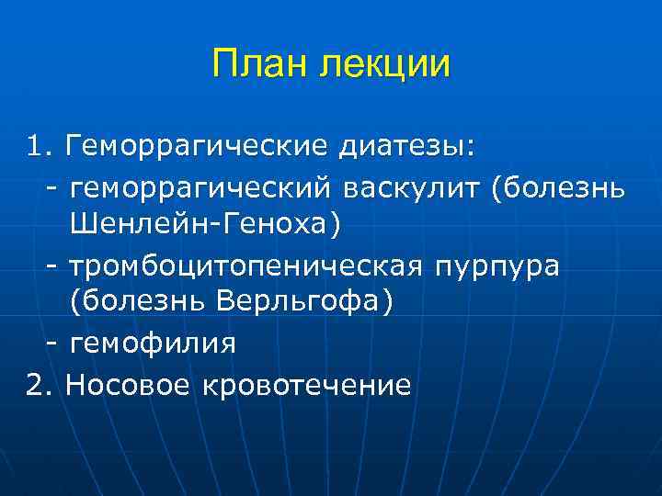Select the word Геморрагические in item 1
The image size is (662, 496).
coord(197,146)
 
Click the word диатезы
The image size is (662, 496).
coord(405,146)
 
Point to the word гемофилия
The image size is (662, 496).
coord(153,344)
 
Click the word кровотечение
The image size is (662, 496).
coord(312,383)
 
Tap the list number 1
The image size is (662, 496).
coord(37,145)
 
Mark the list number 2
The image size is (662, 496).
coord(37,383)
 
